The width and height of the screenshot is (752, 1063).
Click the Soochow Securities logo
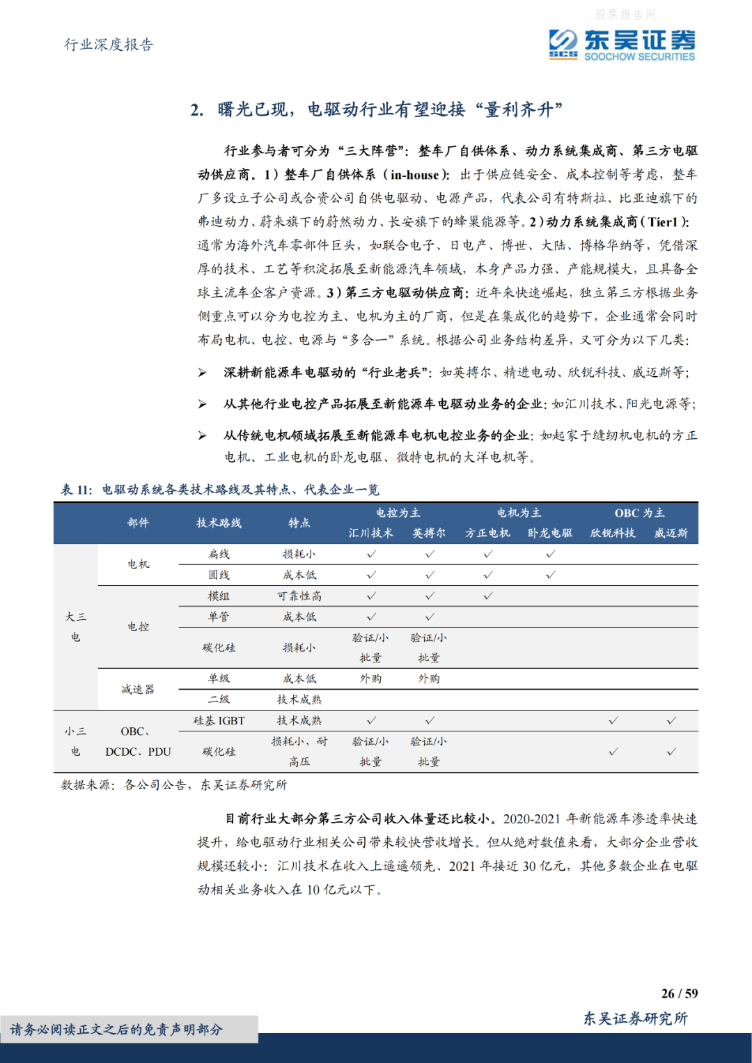click(621, 45)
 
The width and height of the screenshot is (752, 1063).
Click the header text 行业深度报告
click(109, 45)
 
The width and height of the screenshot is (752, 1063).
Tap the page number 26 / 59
click(679, 993)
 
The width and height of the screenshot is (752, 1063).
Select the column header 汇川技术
click(371, 533)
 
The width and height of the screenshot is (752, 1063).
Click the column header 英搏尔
click(429, 533)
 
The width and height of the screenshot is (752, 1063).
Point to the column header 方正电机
click(487, 533)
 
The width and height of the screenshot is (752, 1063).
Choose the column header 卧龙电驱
click(550, 533)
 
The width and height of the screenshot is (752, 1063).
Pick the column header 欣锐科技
click(613, 533)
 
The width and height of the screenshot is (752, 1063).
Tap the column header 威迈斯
click(671, 533)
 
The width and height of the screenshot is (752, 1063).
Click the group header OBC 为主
click(639, 513)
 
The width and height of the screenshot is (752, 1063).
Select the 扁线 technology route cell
click(219, 554)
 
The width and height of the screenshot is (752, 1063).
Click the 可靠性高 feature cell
click(299, 596)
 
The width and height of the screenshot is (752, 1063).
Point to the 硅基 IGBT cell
click(219, 720)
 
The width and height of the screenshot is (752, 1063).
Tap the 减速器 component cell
click(138, 689)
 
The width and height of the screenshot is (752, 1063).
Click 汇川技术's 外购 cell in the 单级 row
click(371, 678)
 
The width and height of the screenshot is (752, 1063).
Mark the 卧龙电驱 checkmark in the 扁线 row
click(550, 554)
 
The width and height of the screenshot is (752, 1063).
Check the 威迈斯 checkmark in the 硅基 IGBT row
click(671, 720)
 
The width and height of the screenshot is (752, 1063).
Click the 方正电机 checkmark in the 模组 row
click(487, 596)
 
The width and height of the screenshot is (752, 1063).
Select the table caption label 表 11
click(76, 490)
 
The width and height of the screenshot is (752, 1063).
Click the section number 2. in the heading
click(197, 110)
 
